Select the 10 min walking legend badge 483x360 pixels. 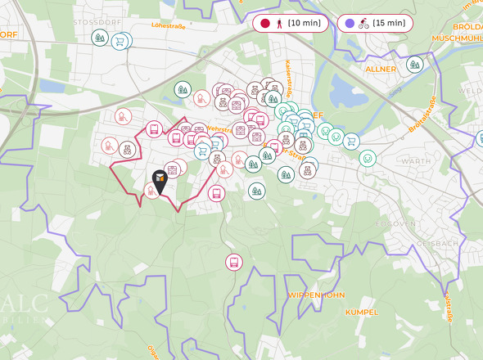tap(291, 24)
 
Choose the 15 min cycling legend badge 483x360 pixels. tap(375, 24)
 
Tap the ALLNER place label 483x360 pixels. tap(381, 70)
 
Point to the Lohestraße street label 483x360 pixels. tap(169, 26)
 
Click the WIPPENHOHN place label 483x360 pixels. tap(316, 295)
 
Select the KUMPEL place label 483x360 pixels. tap(361, 313)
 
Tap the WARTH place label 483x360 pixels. tap(416, 161)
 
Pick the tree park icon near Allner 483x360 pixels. tap(415, 64)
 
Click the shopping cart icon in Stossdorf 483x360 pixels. tap(120, 40)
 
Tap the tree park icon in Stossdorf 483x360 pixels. tap(100, 38)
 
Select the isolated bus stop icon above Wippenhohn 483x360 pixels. tap(234, 262)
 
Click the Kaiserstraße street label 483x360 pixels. tap(289, 74)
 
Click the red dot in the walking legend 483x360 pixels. tap(264, 24)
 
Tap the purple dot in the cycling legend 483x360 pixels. tap(350, 24)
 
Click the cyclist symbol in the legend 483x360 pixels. tap(363, 24)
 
